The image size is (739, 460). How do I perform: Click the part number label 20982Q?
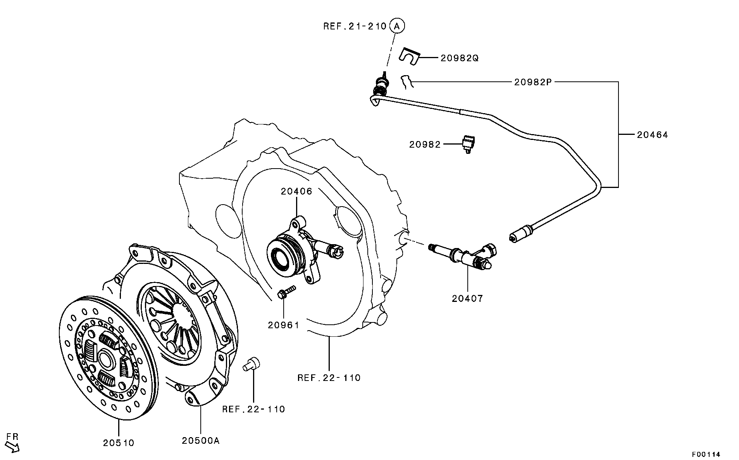point(459,58)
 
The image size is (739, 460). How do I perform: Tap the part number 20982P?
point(533,82)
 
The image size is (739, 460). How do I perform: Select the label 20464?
point(653,135)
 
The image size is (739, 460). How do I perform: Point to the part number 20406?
point(296,191)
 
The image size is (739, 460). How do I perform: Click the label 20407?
point(467,298)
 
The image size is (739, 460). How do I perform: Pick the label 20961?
point(284,325)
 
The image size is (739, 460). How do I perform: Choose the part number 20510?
point(119,443)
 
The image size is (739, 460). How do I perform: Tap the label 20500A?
point(201,440)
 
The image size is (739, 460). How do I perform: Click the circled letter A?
point(396,26)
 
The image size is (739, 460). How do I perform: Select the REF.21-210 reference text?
point(355,26)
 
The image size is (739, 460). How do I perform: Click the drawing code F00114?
point(706,454)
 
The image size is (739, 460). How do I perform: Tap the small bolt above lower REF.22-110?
point(252,364)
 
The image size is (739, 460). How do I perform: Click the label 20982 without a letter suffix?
point(425,145)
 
